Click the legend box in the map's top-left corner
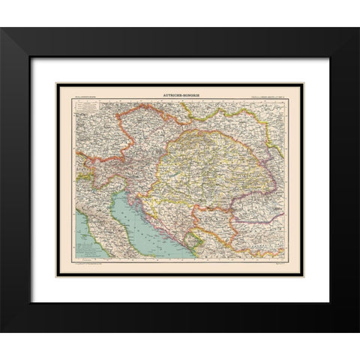click(88, 112)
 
